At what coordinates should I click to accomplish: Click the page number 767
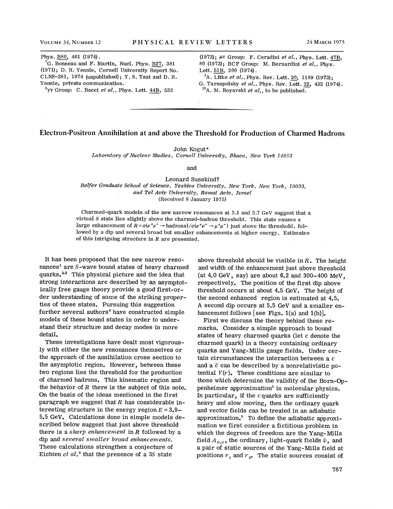coord(338,470)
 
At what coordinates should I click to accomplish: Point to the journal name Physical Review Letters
coord(193,42)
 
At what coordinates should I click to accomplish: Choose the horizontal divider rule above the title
coord(191,109)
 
